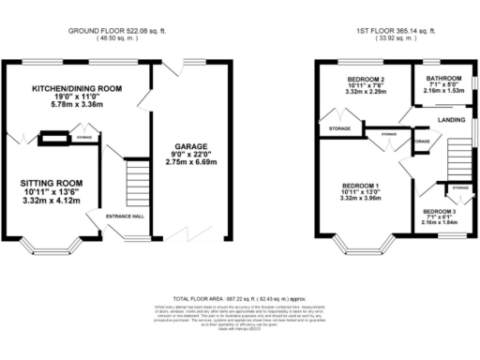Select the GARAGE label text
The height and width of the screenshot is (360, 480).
coord(188,146)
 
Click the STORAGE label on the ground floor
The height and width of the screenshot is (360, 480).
coord(84,138)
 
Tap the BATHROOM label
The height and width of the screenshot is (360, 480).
coord(441,78)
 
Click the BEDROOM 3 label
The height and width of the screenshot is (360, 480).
coord(440,213)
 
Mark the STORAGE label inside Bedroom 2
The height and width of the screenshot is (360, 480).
coord(339,128)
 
